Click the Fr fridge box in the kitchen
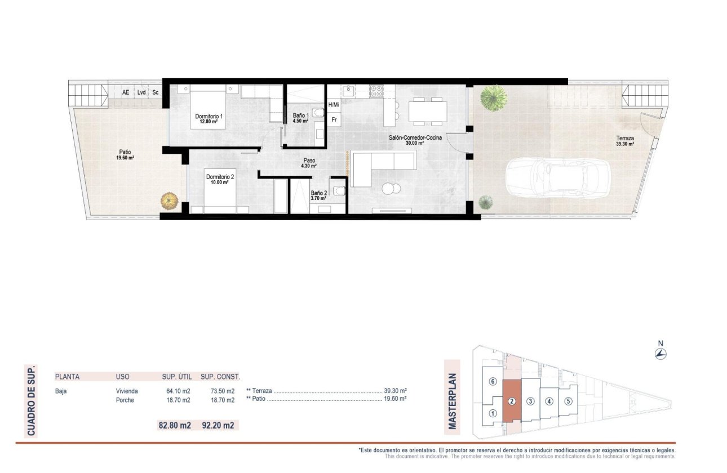pyautogui.click(x=334, y=119)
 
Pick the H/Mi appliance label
pyautogui.click(x=334, y=105)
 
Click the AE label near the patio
pyautogui.click(x=125, y=92)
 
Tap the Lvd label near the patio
pyautogui.click(x=141, y=92)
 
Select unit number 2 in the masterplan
pyautogui.click(x=511, y=401)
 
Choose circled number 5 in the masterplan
pyautogui.click(x=568, y=401)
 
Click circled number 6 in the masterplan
pyautogui.click(x=493, y=382)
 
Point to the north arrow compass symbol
pyautogui.click(x=661, y=354)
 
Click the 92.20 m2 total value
pyautogui.click(x=218, y=426)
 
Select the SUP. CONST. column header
pyautogui.click(x=220, y=377)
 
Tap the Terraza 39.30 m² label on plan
pyautogui.click(x=625, y=141)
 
